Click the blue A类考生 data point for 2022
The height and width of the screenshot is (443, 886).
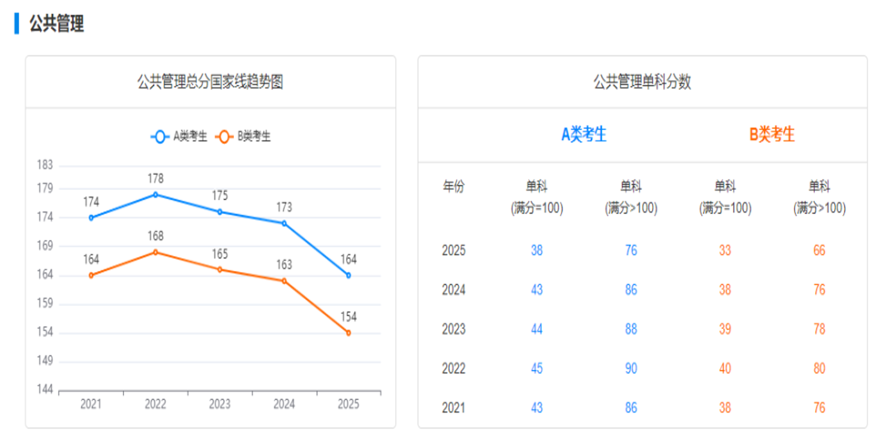[x=155, y=195]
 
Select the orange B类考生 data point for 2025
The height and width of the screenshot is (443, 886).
[x=349, y=333]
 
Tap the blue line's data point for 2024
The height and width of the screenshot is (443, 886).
[x=284, y=224]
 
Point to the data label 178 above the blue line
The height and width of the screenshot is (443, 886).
[x=155, y=179]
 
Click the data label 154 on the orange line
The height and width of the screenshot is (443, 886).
[x=349, y=317]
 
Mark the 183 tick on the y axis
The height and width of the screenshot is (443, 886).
[x=45, y=165]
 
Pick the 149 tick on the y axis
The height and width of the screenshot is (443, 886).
[x=45, y=361]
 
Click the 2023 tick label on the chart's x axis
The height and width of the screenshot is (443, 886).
[x=219, y=404]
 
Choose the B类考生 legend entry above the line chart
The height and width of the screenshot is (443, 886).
[x=244, y=136]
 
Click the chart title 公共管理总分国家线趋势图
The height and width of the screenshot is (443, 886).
[x=210, y=82]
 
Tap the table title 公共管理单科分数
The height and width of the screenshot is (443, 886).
[x=642, y=82]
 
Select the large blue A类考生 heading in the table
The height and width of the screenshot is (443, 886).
[x=584, y=134]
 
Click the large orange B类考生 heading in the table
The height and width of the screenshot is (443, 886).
[x=771, y=134]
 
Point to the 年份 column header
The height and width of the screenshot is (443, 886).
[x=453, y=187]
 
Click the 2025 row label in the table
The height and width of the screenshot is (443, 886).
[x=453, y=250]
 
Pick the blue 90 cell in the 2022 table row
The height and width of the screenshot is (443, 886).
[x=631, y=369]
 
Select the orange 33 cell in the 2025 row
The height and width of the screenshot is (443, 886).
[x=725, y=250]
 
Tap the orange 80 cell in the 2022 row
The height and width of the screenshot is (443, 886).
[x=819, y=369]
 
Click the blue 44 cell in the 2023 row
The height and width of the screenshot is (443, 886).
[x=536, y=329]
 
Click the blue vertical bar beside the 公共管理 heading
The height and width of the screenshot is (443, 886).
[x=17, y=24]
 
